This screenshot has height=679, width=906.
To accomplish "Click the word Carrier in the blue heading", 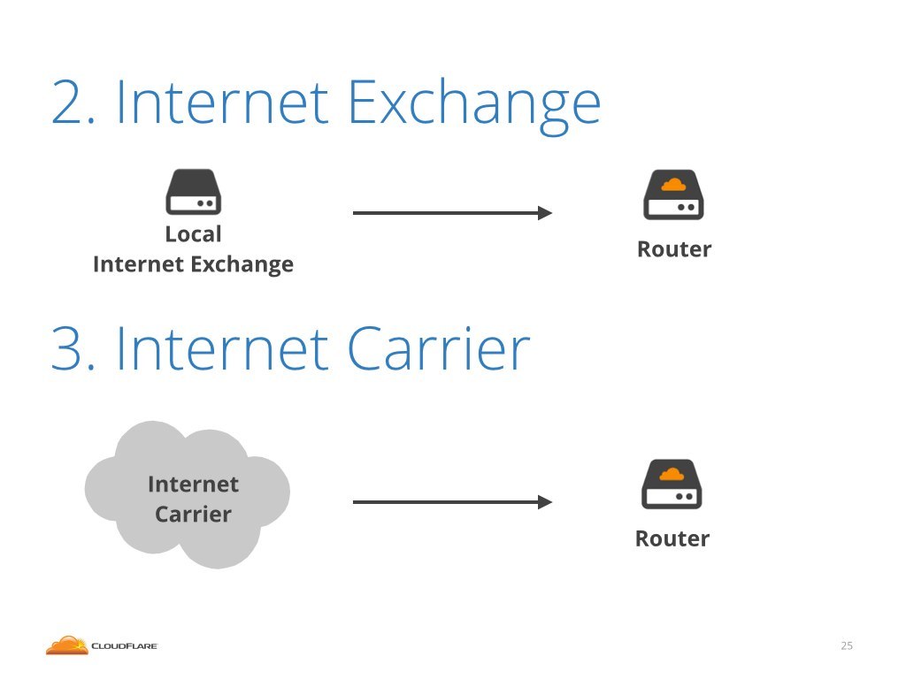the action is (x=439, y=348).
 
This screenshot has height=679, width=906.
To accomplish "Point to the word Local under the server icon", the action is (x=193, y=234).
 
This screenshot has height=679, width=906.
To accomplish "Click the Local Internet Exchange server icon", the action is (x=194, y=192).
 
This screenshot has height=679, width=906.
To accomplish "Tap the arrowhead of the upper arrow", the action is (x=545, y=213).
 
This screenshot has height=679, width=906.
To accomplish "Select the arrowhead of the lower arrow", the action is (x=545, y=502).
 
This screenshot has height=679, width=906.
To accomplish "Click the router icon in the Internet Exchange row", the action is (x=673, y=195).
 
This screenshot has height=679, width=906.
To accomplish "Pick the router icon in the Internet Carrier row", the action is (x=672, y=484).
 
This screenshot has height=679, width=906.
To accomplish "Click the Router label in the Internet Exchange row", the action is (x=674, y=249).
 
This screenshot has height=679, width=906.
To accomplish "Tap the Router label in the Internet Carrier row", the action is (x=672, y=538).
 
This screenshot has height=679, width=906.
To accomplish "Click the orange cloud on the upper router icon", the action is (x=673, y=185).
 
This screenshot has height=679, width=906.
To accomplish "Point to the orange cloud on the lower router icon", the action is (x=672, y=474).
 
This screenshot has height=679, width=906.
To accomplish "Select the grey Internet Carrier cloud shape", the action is (x=188, y=495).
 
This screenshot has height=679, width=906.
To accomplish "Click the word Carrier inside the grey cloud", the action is (x=193, y=515).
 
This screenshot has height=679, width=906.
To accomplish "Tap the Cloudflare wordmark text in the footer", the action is (x=124, y=646).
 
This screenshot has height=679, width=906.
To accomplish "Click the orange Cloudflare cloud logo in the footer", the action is (x=67, y=645).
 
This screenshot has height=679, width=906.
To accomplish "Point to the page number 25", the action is (x=847, y=645).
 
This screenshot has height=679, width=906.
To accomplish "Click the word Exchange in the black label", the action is (x=242, y=265).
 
